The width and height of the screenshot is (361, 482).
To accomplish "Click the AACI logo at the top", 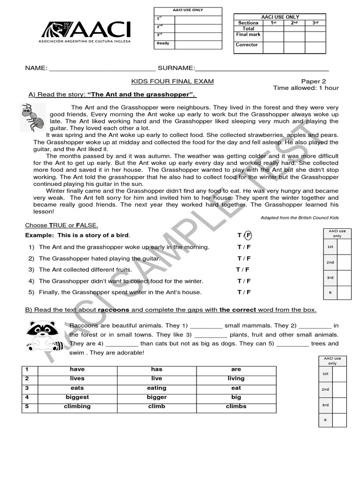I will tap(86, 31).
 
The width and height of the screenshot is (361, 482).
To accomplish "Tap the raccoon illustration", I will tap(45, 335).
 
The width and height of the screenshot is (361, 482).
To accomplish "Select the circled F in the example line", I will tap(248, 235).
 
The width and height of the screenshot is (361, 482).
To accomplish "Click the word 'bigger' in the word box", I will tap(157, 397).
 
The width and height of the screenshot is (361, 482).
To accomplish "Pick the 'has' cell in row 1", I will tap(157, 370).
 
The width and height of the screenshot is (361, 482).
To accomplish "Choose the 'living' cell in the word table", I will tap(236, 378).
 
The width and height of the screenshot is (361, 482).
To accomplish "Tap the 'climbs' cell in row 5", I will tap(236, 406).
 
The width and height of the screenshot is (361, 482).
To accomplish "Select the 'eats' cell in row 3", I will tap(77, 388).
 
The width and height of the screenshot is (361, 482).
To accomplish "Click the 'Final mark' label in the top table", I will tap(248, 34).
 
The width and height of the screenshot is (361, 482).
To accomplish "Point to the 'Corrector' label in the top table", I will tap(247, 45).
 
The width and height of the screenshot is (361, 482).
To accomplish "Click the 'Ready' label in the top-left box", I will tap(163, 43).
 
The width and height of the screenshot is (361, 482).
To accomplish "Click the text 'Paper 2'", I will tap(314, 81).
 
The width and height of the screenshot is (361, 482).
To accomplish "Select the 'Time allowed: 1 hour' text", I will tap(306, 88).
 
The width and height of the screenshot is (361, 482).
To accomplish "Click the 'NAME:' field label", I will tap(36, 68).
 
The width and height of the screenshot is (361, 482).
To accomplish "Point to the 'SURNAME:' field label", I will tap(176, 68).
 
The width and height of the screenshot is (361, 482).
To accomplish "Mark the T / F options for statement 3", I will tap(243, 270).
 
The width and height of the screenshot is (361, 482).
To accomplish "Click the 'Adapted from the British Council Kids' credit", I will tap(299, 217).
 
